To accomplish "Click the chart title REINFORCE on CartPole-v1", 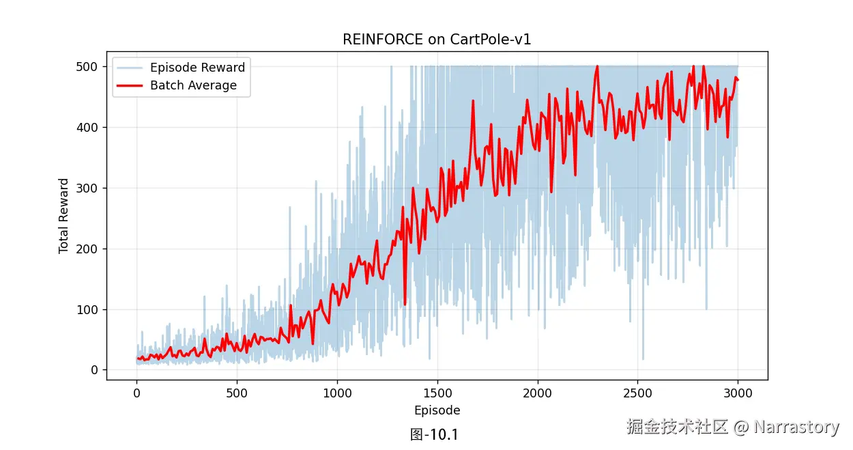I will [437, 40].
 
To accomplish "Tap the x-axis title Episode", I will [437, 410].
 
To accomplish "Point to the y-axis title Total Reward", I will [64, 216].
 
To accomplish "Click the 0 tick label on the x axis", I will [136, 393].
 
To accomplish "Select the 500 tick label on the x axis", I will [237, 393].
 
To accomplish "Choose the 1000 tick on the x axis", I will [337, 393].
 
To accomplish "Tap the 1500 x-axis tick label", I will [437, 393].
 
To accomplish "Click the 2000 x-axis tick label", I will [538, 393].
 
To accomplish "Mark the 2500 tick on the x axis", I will [638, 393].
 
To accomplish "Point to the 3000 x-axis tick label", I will [738, 393].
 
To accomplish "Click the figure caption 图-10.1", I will [434, 434].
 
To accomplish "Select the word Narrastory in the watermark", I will [796, 427].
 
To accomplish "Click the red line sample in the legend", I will [130, 85].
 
